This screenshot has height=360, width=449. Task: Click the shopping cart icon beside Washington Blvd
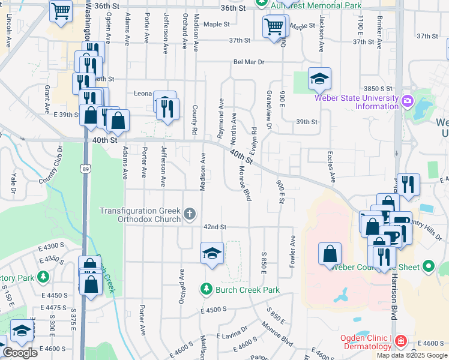[61, 10]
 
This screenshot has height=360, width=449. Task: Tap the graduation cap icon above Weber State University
[319, 78]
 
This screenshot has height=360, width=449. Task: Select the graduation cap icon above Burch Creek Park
[212, 253]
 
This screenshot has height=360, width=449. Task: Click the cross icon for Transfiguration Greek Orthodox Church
[190, 214]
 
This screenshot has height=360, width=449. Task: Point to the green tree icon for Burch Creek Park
[206, 290]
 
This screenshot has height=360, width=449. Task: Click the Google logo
[20, 353]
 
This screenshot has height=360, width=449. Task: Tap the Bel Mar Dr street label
[249, 62]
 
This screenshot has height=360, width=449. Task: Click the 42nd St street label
[214, 227]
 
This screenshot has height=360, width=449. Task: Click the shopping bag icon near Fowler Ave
[330, 253]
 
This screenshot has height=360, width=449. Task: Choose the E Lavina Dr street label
[232, 333]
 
